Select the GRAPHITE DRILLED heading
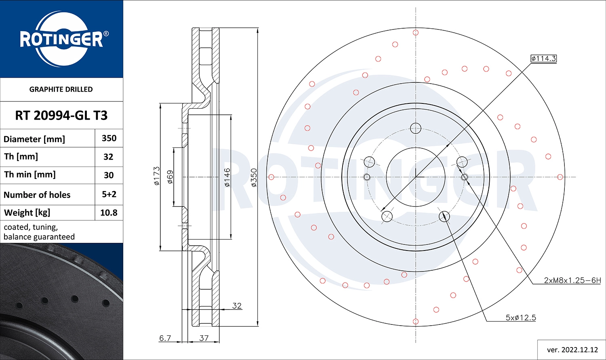coord(61,89)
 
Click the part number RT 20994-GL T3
coord(61,116)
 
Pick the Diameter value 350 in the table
coord(109,138)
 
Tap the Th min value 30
coord(109,175)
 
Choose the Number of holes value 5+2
coord(109,194)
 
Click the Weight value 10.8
coord(109,213)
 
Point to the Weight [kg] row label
coord(27,213)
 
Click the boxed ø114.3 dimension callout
coord(543,59)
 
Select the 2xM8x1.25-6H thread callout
coord(572,280)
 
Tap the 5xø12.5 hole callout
coord(521,318)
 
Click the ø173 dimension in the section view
coord(157,176)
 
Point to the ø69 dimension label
coord(170,177)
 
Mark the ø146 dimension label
coord(227,177)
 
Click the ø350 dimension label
coord(254,177)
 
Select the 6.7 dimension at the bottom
coord(165,338)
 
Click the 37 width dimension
coord(204,338)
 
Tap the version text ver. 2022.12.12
coord(572,349)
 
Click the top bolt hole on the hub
coord(416,128)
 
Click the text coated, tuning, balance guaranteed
coord(39,232)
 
